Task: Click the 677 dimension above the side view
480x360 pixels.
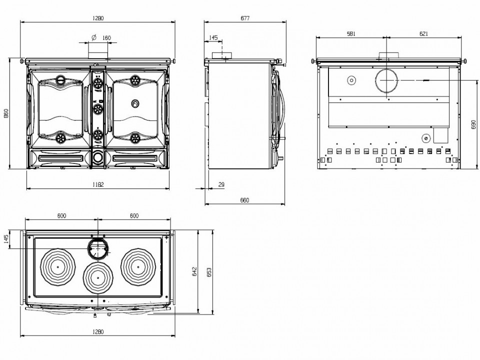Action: [x=245, y=18]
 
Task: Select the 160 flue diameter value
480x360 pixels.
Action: [x=106, y=38]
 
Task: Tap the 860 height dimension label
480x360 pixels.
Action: [x=6, y=113]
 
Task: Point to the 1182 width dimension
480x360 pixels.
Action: [x=98, y=184]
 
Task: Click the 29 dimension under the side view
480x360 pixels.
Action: [x=221, y=184]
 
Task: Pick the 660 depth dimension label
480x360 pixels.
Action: [x=244, y=200]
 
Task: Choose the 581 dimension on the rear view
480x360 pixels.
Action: [x=351, y=34]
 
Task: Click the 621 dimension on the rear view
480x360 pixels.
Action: [x=423, y=34]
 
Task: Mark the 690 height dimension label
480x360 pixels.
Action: [x=473, y=124]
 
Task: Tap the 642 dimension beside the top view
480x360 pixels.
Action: [x=194, y=271]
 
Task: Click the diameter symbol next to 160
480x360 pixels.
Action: [x=94, y=37]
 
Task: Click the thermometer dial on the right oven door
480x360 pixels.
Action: [x=134, y=104]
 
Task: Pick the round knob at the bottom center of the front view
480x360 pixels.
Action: [x=98, y=157]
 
